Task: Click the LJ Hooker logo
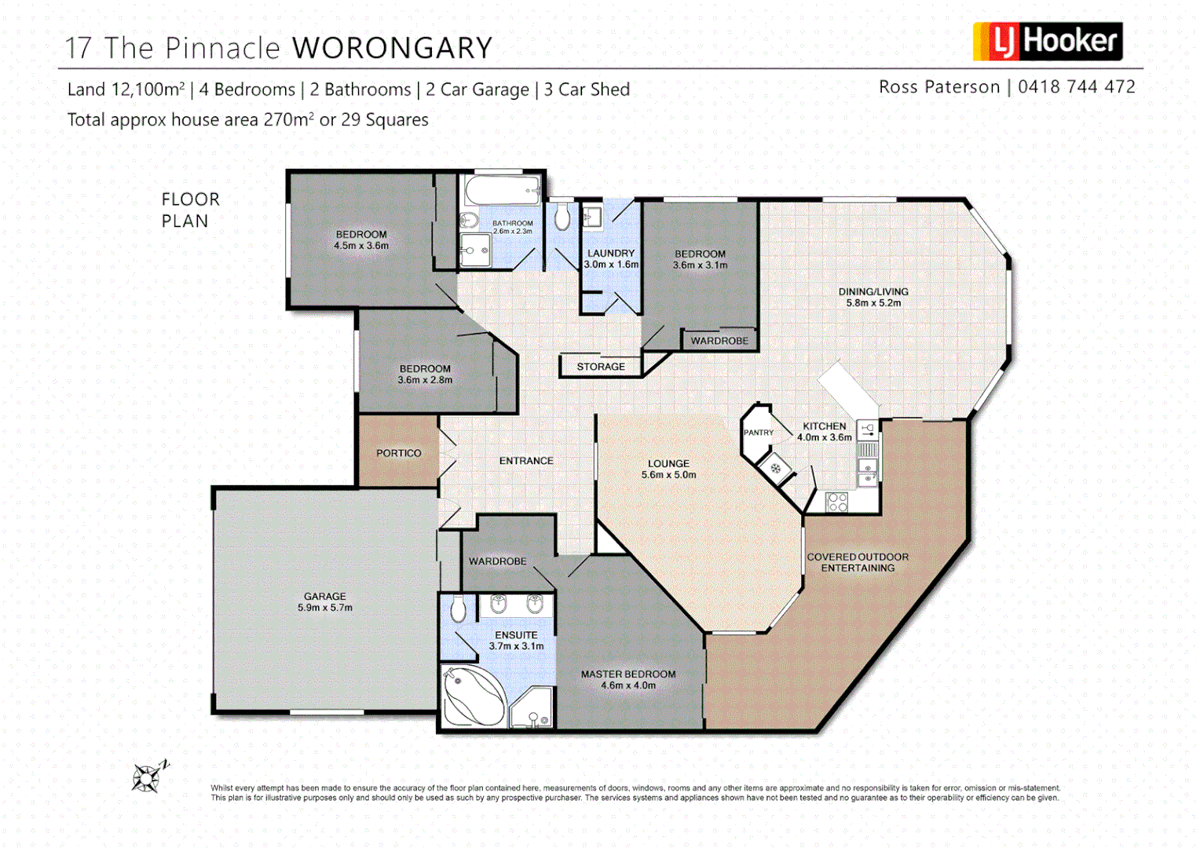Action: [x=1047, y=42]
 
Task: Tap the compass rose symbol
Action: [x=147, y=777]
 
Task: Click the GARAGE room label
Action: [x=325, y=597]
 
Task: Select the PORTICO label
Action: [x=398, y=453]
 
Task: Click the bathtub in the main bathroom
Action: [x=501, y=191]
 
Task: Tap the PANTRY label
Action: [x=758, y=433]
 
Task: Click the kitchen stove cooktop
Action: [x=837, y=502]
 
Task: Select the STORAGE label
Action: [x=601, y=367]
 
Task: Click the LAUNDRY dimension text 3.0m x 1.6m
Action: [x=611, y=265]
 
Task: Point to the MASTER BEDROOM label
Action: [x=628, y=674]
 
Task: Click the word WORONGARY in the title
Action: [x=392, y=49]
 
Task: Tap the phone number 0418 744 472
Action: [x=1076, y=87]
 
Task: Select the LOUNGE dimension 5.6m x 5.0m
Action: [x=668, y=475]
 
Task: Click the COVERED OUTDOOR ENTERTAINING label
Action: [x=858, y=562]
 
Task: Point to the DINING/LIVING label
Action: [x=873, y=291]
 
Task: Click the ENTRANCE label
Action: [x=526, y=461]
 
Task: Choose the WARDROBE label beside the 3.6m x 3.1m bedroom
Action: [x=719, y=341]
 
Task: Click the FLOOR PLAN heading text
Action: [x=190, y=210]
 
